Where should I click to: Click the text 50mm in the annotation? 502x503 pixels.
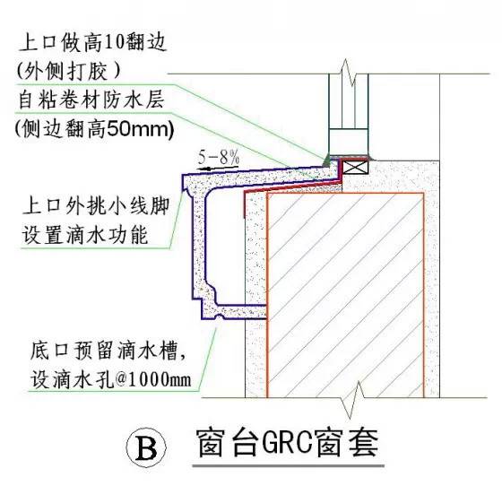click(145, 129)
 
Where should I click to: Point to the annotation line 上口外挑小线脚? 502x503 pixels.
click(93, 204)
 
